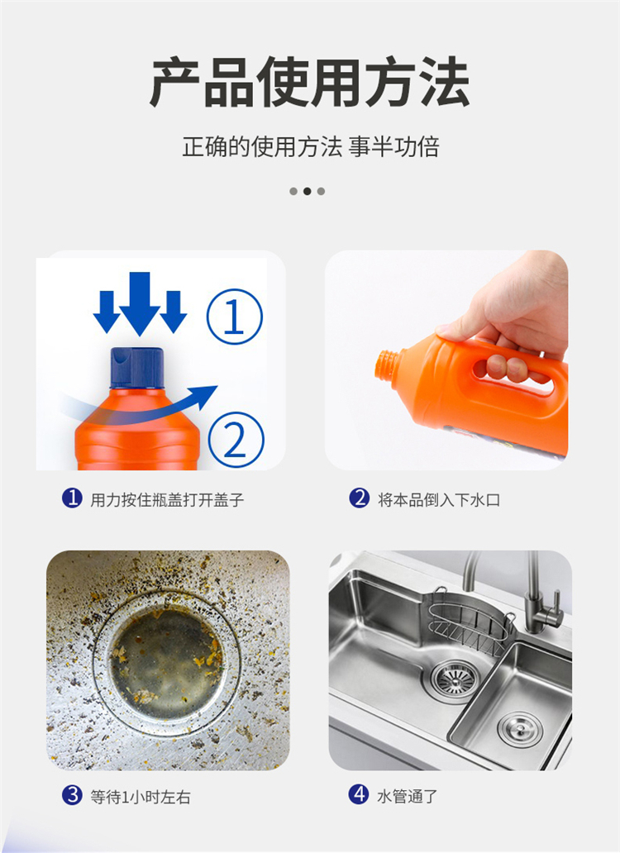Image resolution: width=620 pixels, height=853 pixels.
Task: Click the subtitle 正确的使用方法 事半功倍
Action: tap(311, 147)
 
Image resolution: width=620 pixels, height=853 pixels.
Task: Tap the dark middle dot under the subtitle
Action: tap(307, 192)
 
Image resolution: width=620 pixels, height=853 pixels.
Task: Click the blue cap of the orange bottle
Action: tap(137, 368)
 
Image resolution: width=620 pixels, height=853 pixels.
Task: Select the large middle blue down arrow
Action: tap(140, 303)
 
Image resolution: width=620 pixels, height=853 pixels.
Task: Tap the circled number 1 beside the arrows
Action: tap(235, 317)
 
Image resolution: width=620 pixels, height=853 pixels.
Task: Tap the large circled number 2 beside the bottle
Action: tap(236, 440)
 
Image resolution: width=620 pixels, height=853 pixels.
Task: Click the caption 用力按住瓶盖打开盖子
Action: tap(167, 499)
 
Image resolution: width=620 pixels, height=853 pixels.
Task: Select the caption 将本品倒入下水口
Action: tap(439, 499)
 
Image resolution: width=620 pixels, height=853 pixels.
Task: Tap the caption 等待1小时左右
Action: tap(141, 797)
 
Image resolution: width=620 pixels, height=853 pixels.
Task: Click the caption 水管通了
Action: tap(408, 797)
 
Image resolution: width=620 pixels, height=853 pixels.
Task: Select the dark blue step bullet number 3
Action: tap(72, 795)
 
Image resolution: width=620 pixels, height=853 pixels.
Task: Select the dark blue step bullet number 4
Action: tap(359, 795)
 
